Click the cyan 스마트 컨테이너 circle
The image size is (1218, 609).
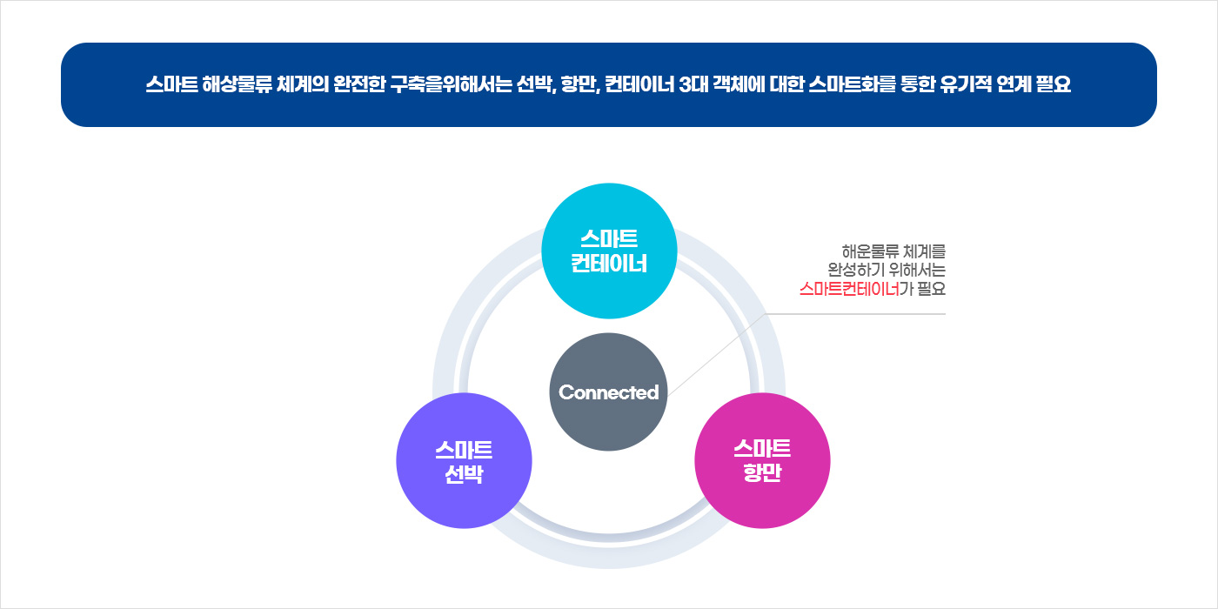[x=609, y=251]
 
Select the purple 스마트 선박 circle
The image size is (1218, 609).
[x=463, y=461]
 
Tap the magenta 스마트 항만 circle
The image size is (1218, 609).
[x=762, y=461]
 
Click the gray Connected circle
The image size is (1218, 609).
[x=609, y=391]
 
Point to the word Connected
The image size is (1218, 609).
[x=609, y=392]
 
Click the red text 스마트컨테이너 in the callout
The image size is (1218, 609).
[x=849, y=289]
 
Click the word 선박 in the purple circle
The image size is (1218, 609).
[x=463, y=475]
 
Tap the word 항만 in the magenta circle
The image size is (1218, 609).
[x=762, y=475]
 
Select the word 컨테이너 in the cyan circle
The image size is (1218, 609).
[x=609, y=264]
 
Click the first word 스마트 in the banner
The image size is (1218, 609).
[x=172, y=85]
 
